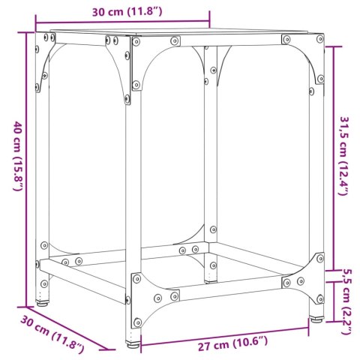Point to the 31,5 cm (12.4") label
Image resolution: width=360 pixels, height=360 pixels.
(344, 157)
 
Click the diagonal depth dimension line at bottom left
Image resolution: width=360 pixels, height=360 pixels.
(71, 329)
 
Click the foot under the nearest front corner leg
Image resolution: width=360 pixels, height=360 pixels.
(134, 346)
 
